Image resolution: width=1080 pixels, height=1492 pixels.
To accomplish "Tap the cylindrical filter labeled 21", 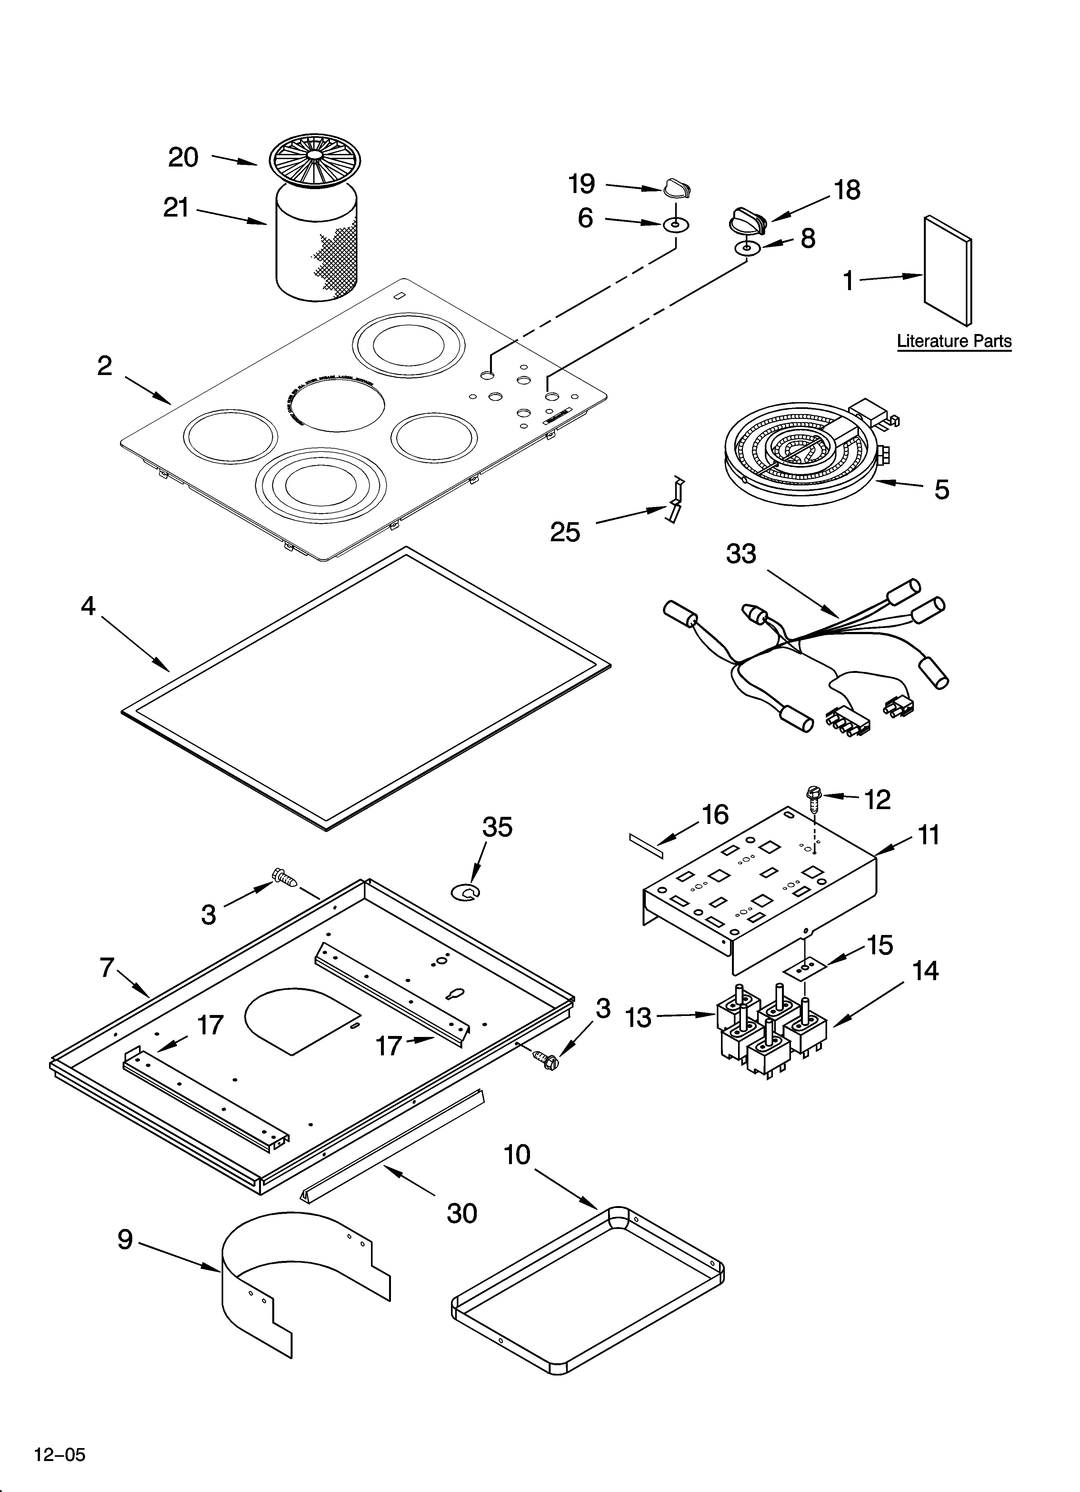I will tap(316, 243).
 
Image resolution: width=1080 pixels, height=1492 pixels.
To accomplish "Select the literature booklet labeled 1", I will tap(947, 270).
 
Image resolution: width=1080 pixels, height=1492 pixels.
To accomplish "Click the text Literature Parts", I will tap(954, 341).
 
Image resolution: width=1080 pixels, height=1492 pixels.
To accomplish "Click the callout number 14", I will tap(925, 971).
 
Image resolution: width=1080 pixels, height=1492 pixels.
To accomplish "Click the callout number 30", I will tap(462, 1213).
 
